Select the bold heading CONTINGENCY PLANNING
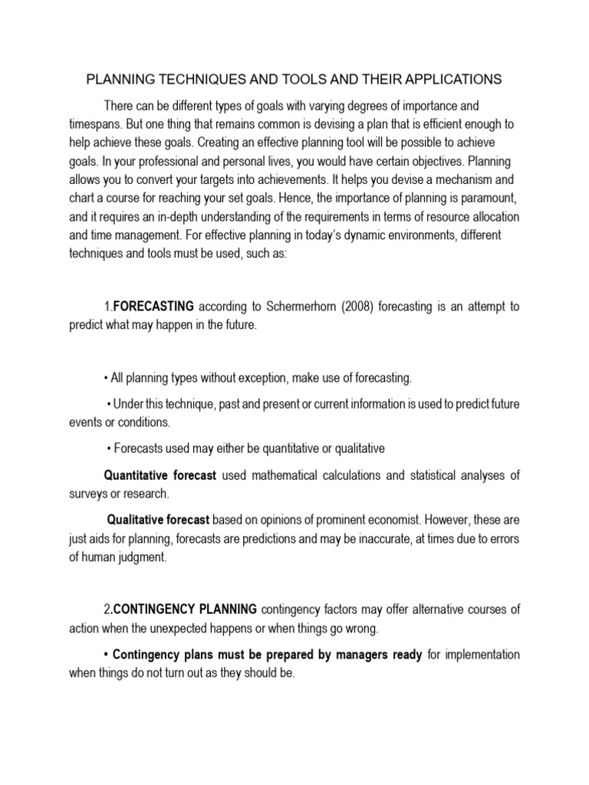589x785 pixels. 186,609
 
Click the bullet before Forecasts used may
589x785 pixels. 109,448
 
